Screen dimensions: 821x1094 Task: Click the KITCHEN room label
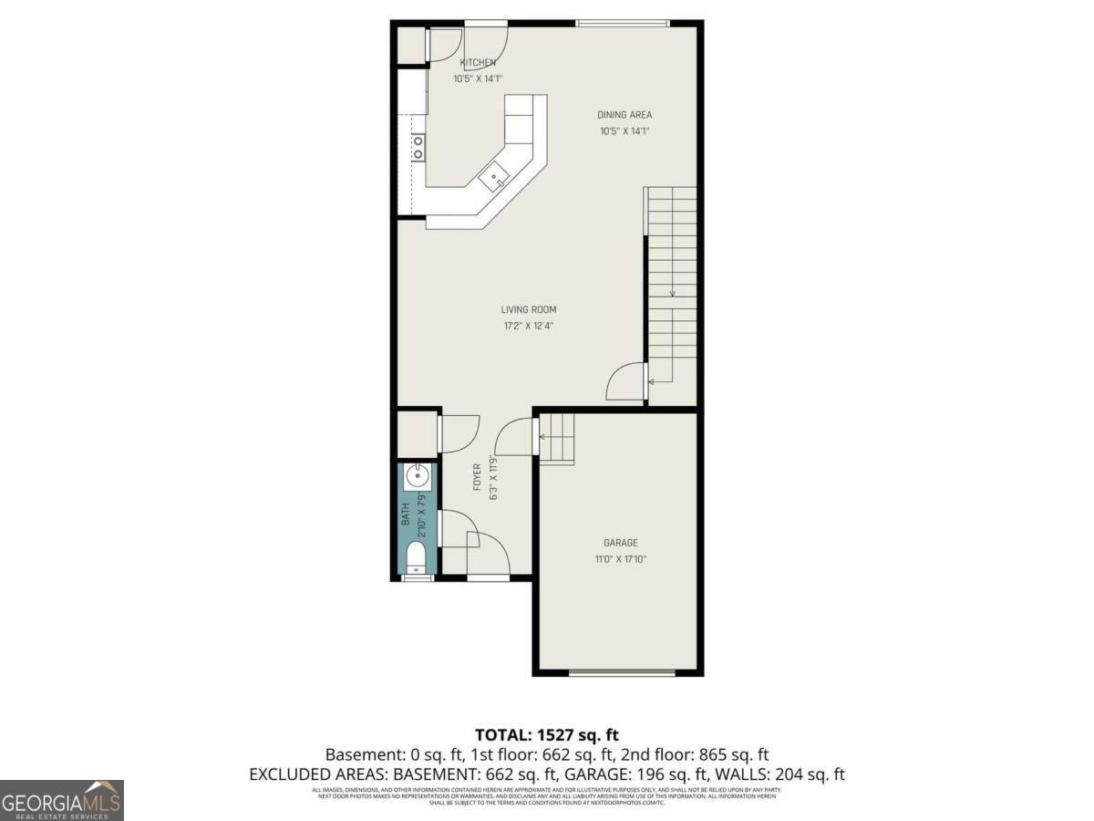(x=478, y=63)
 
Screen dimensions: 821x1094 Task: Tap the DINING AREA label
(x=624, y=115)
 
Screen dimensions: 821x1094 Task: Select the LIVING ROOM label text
(x=529, y=310)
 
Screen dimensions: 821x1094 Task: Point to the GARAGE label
(x=621, y=543)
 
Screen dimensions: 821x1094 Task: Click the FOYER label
(x=477, y=477)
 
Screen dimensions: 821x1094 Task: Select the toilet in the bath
(x=417, y=556)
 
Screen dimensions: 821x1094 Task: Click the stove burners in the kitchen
(x=419, y=147)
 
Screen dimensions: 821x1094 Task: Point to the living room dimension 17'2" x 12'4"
(x=529, y=326)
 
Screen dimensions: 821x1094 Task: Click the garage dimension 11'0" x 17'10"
(x=621, y=558)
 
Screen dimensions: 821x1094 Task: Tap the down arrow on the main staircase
(x=672, y=292)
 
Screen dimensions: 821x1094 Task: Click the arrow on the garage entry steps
(x=543, y=437)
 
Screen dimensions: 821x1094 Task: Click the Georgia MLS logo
(x=61, y=801)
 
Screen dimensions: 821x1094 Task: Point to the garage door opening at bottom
(x=622, y=673)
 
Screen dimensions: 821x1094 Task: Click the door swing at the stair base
(x=625, y=381)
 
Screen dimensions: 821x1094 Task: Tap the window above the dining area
(x=623, y=22)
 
